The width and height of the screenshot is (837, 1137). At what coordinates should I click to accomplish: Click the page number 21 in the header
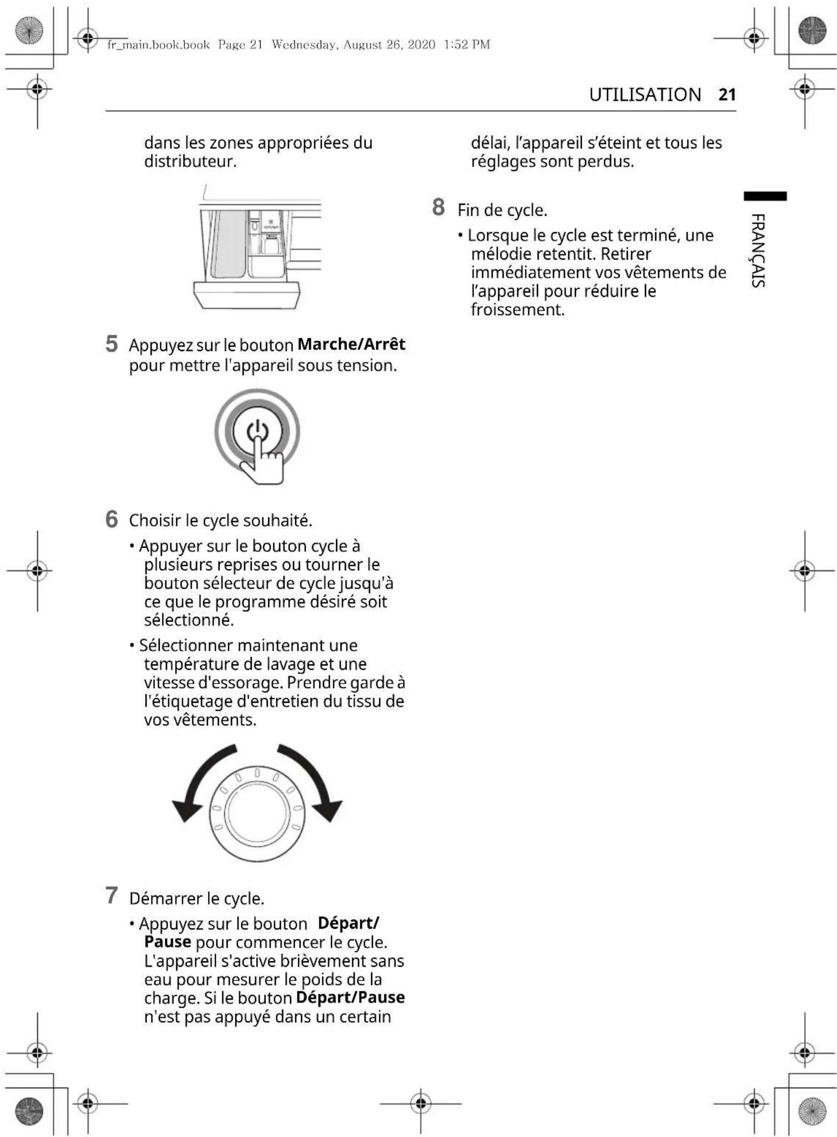(x=727, y=95)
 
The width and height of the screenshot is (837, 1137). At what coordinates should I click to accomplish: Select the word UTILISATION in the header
(x=645, y=95)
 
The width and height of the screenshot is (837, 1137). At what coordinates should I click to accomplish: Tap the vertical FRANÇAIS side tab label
(x=758, y=250)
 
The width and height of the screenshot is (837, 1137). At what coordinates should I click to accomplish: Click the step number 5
(x=112, y=344)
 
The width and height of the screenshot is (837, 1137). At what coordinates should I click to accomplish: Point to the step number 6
(x=112, y=519)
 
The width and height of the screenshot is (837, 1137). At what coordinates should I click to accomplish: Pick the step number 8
(x=438, y=208)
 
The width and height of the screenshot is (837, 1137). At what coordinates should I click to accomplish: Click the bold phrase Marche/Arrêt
(x=351, y=344)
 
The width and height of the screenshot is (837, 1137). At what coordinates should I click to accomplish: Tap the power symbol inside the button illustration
(x=257, y=431)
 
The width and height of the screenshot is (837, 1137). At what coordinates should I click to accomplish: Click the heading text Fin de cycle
(x=502, y=210)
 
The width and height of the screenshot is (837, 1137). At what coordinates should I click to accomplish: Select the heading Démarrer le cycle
(x=197, y=899)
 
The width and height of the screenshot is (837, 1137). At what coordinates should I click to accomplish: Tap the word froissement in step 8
(x=517, y=310)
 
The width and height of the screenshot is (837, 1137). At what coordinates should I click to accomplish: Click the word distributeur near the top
(x=190, y=162)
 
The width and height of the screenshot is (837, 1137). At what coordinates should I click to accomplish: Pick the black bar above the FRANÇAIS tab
(x=765, y=196)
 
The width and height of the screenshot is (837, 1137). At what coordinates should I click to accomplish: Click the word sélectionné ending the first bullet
(x=189, y=620)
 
